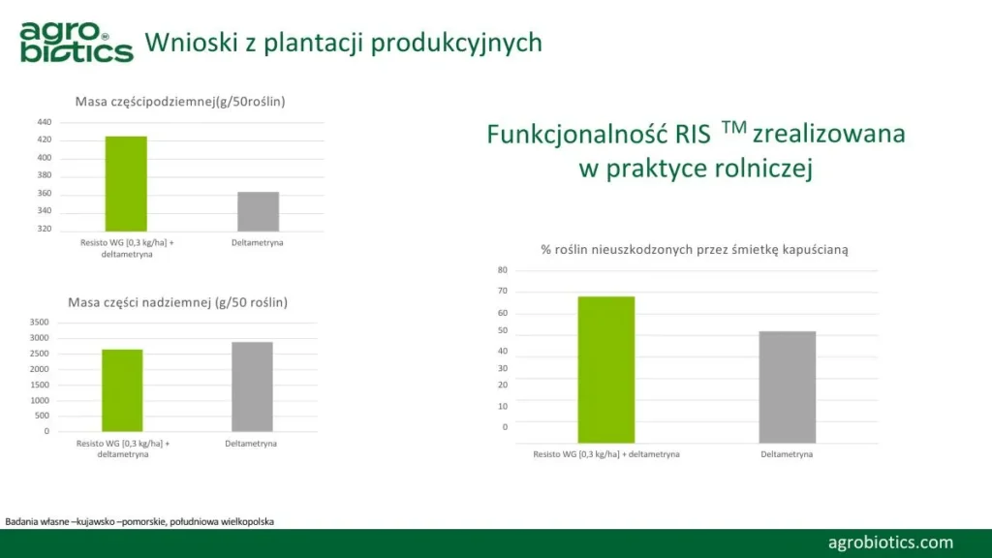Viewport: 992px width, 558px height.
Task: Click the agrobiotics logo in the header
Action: point(77,42)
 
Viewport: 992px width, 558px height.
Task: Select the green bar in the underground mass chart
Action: point(126,184)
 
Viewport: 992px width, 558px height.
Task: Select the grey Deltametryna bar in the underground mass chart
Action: point(258,212)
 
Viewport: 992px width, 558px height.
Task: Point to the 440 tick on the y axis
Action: point(45,122)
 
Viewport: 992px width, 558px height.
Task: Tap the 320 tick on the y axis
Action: point(45,229)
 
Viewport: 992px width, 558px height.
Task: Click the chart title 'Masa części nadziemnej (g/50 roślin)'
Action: point(178,302)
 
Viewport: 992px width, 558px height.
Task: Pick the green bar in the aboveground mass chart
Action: point(122,390)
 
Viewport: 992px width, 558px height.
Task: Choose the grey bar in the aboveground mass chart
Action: point(252,387)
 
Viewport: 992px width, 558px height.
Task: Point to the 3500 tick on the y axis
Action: point(39,322)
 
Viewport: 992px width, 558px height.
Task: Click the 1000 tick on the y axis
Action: point(39,400)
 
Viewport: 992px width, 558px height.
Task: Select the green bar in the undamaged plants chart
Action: point(606,369)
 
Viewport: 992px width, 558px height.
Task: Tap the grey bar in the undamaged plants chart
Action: point(787,387)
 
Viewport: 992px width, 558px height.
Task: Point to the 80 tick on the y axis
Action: point(503,270)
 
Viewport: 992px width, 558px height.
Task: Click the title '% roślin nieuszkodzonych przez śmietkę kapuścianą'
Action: point(694,250)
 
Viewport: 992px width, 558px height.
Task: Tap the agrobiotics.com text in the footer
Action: point(890,542)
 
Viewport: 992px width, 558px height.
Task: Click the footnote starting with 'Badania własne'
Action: point(139,522)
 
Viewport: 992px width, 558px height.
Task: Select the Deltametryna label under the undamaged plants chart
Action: point(787,454)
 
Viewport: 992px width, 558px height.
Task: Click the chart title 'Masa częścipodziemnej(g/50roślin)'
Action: point(180,101)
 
